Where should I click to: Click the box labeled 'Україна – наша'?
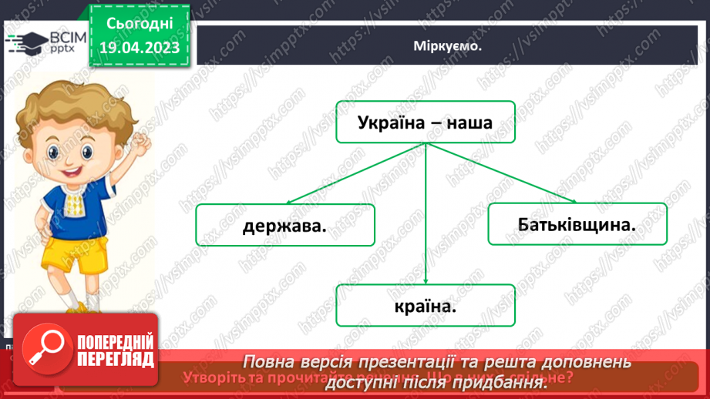(x=425, y=122)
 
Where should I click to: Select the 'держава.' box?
(x=284, y=225)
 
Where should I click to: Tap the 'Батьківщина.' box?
(x=577, y=224)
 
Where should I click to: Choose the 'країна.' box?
(x=425, y=306)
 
